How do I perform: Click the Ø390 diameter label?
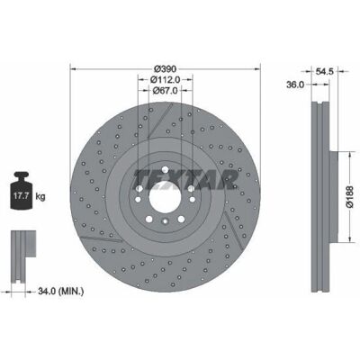point(165,68)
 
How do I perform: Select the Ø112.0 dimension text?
point(165,79)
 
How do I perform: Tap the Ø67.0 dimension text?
point(165,90)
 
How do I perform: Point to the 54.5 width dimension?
point(324,71)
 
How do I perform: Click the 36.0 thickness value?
point(295,85)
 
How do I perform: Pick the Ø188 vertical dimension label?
point(350,196)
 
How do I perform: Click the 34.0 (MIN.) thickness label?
point(61,291)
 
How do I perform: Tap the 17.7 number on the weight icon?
point(22,196)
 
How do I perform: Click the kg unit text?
point(40,196)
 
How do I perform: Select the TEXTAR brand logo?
point(186,180)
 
